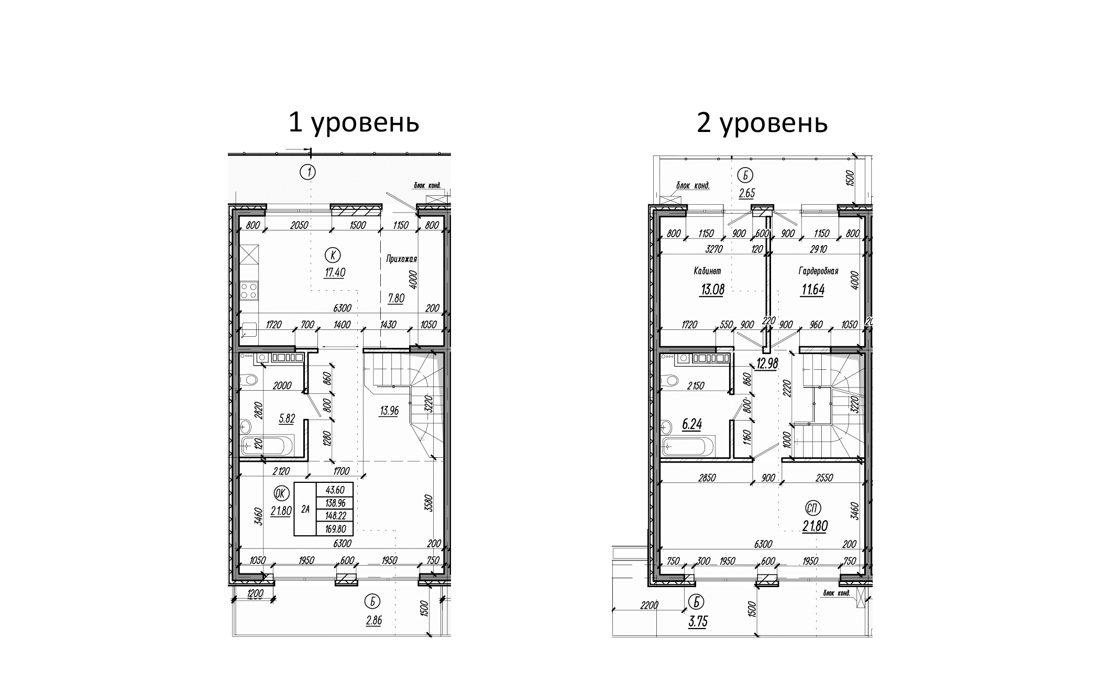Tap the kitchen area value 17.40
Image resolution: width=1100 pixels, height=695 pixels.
(335, 272)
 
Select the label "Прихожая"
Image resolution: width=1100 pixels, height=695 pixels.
(401, 259)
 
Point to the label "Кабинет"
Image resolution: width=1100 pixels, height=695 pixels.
(707, 271)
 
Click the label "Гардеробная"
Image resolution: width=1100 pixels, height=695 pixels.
(818, 271)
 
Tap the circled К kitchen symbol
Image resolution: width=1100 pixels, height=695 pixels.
(333, 255)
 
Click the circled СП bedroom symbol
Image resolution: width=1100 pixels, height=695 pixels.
(813, 508)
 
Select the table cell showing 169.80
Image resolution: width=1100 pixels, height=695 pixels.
(335, 529)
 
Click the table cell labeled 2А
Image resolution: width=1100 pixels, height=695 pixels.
(305, 509)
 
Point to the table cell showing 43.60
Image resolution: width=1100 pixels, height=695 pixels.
(335, 490)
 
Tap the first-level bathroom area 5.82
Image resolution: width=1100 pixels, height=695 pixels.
(287, 418)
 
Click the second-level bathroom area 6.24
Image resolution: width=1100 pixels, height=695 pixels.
(691, 424)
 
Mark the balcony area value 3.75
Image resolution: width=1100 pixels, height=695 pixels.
(696, 622)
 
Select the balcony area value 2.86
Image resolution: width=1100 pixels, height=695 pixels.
(373, 621)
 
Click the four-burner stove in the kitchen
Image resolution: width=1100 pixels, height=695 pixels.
(249, 290)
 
